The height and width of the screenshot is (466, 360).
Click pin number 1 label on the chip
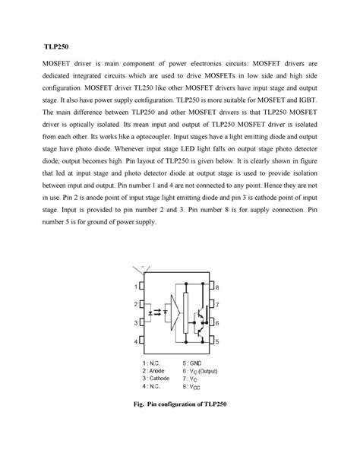pos(137,287)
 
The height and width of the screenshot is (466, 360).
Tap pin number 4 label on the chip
pos(137,341)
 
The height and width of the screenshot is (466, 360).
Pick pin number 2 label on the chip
pos(137,305)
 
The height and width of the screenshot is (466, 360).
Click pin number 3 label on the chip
pos(137,323)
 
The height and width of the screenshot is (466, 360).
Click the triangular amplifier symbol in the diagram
pos(177,314)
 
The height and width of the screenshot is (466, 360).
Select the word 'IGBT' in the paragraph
pos(312,100)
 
